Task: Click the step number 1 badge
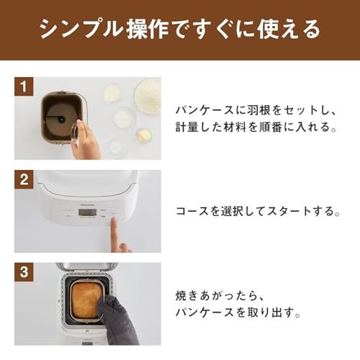click(x=24, y=89)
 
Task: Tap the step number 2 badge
click(x=24, y=180)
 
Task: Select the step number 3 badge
click(x=24, y=272)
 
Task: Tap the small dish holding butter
click(x=144, y=135)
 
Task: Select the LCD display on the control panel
click(x=65, y=213)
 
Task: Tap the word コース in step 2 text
click(x=192, y=212)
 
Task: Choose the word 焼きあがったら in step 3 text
click(x=214, y=295)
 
